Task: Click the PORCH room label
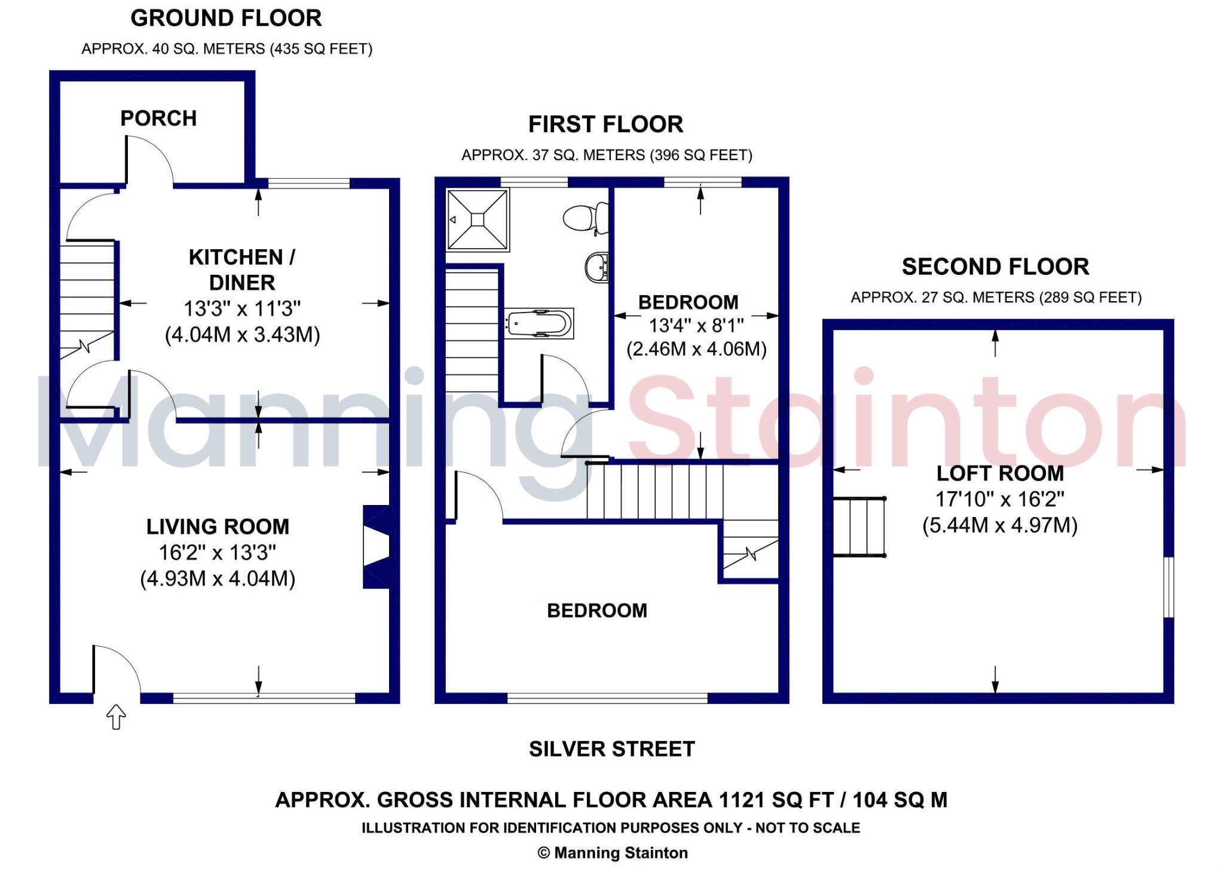point(158,118)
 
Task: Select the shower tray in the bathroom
point(477,220)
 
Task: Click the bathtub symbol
point(538,323)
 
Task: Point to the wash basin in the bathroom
point(596,267)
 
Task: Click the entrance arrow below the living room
point(116,716)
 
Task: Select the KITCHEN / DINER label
point(242,270)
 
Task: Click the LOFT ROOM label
point(1000,473)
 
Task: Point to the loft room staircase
point(859,527)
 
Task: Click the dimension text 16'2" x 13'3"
point(218,553)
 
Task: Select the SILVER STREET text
point(611,749)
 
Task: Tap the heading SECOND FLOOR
point(995,267)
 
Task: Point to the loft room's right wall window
point(1168,587)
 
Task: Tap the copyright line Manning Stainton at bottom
point(613,853)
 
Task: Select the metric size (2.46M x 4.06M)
point(696,349)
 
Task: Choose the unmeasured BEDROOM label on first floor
point(597,610)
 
